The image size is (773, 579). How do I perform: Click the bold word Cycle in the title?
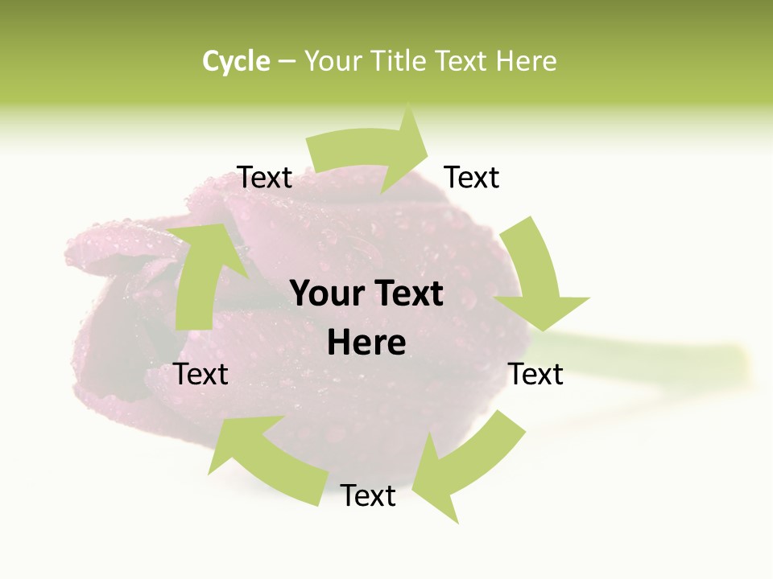(236, 61)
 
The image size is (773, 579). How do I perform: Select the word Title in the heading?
(399, 61)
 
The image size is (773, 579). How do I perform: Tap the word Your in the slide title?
(331, 61)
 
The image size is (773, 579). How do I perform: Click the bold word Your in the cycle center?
(325, 294)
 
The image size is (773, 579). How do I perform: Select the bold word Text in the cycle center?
(406, 294)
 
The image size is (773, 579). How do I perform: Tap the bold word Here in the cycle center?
(366, 343)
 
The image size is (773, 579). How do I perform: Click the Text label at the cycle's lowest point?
(368, 495)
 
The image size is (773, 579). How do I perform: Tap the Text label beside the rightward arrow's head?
(472, 177)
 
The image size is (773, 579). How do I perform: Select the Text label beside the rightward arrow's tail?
(265, 177)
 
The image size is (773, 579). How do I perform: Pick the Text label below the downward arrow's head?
(535, 374)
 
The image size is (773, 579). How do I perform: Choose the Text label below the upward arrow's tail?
(201, 374)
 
